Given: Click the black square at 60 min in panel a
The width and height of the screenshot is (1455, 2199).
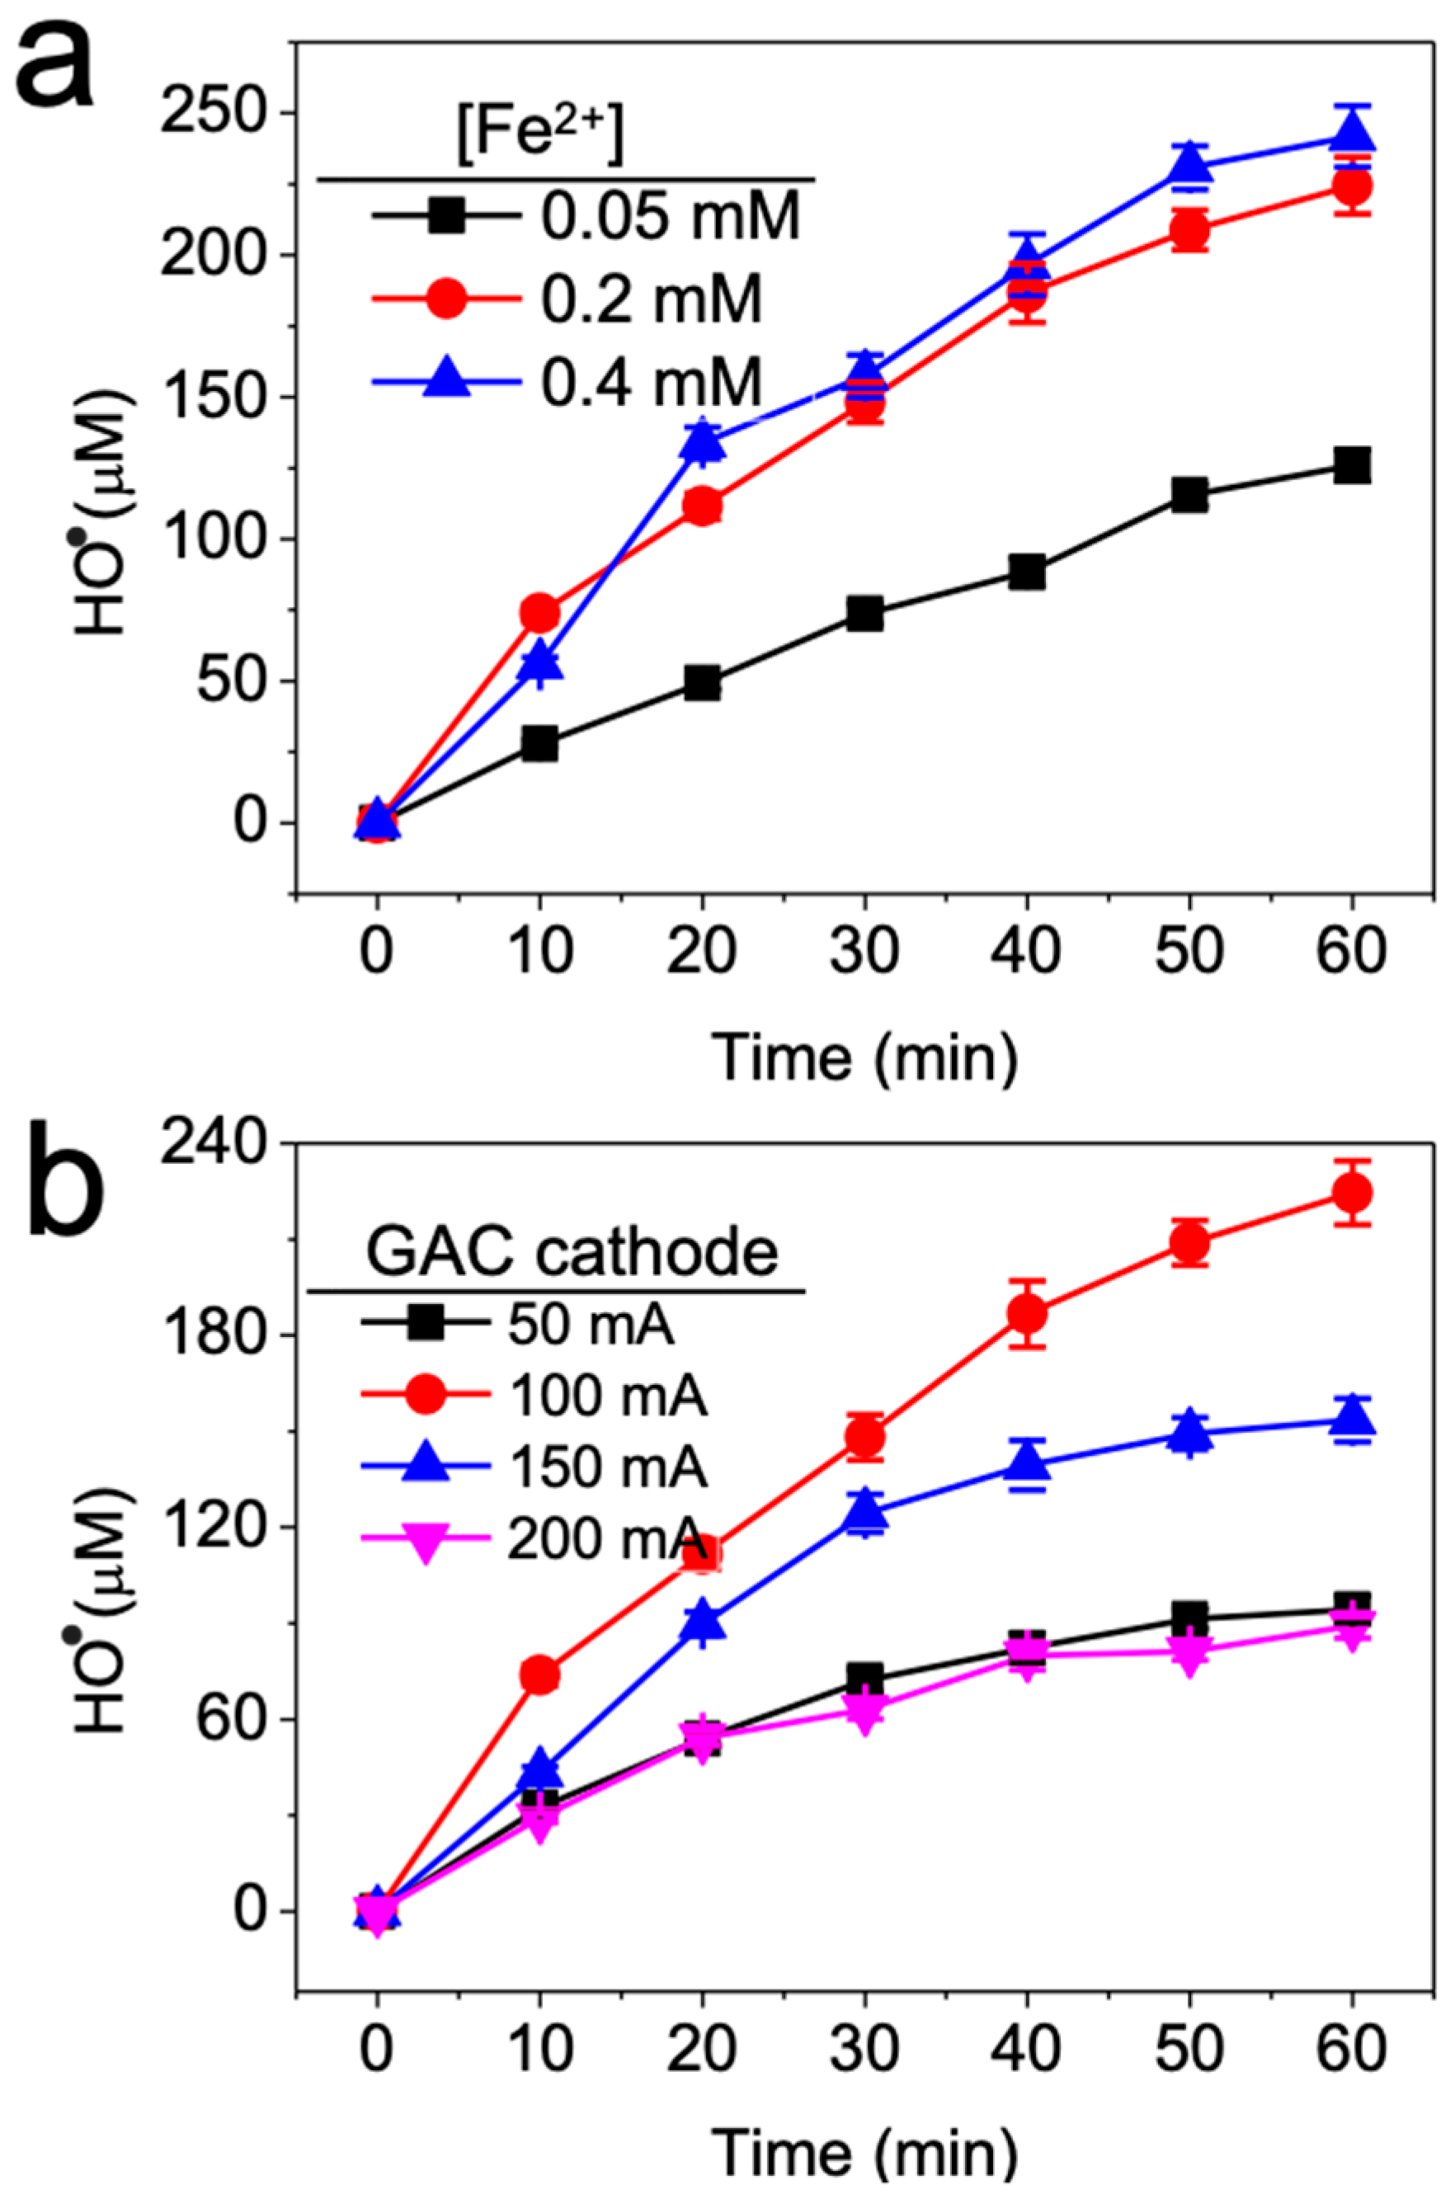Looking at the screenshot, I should [1351, 465].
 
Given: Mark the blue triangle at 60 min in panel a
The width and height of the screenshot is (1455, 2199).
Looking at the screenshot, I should [1351, 135].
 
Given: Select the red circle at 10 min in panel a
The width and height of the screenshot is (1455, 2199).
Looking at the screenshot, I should [540, 612].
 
